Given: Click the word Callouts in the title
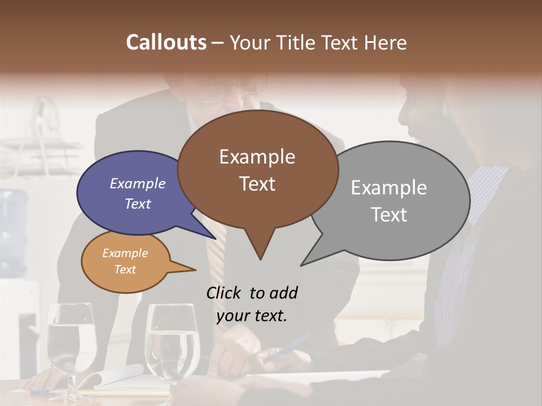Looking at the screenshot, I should [166, 42].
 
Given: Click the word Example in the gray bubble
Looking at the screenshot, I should [388, 188].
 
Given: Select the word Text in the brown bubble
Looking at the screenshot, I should [257, 184].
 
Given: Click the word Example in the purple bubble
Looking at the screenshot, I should [138, 183].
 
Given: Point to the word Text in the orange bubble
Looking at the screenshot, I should [125, 270].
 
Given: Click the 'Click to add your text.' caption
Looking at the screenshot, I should [252, 304].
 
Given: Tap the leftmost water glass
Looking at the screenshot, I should [71, 344].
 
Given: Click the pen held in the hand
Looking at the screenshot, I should [288, 347].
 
